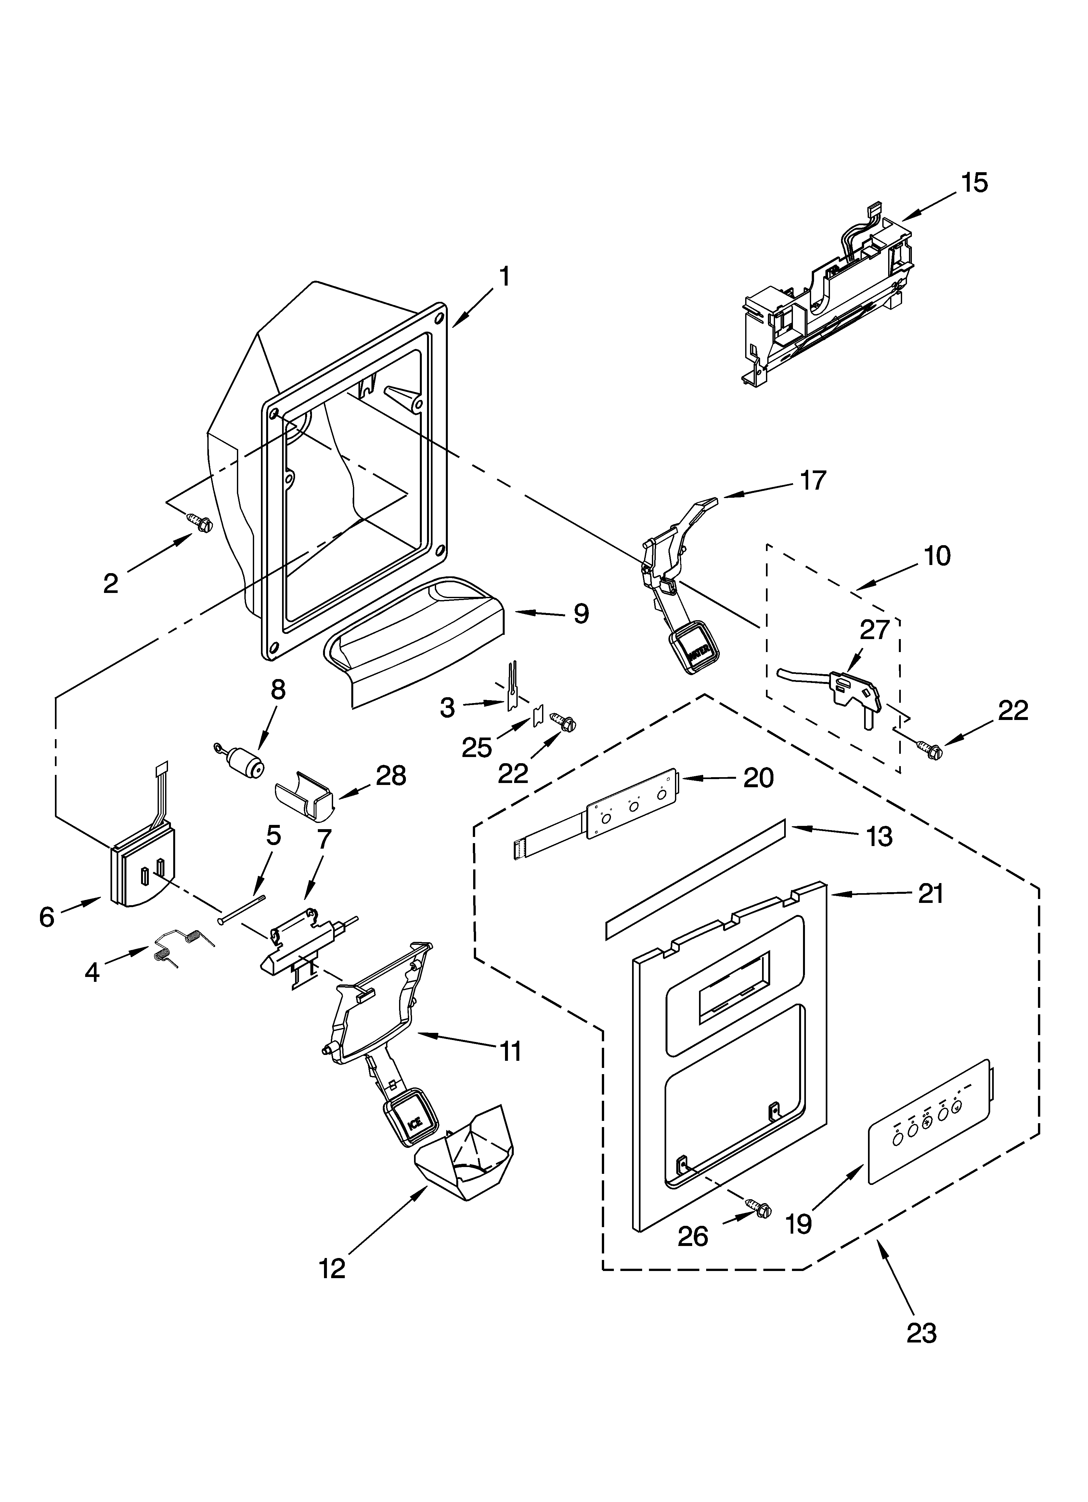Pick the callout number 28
(391, 776)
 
